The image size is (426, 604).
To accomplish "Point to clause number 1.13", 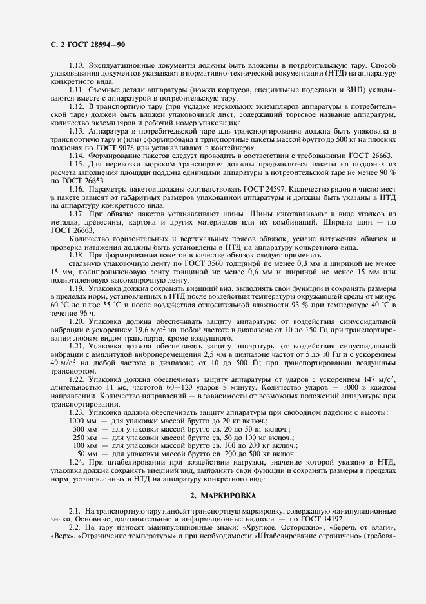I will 76,130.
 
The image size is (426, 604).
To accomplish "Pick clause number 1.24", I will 76,463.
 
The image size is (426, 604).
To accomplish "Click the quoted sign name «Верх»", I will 63,536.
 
